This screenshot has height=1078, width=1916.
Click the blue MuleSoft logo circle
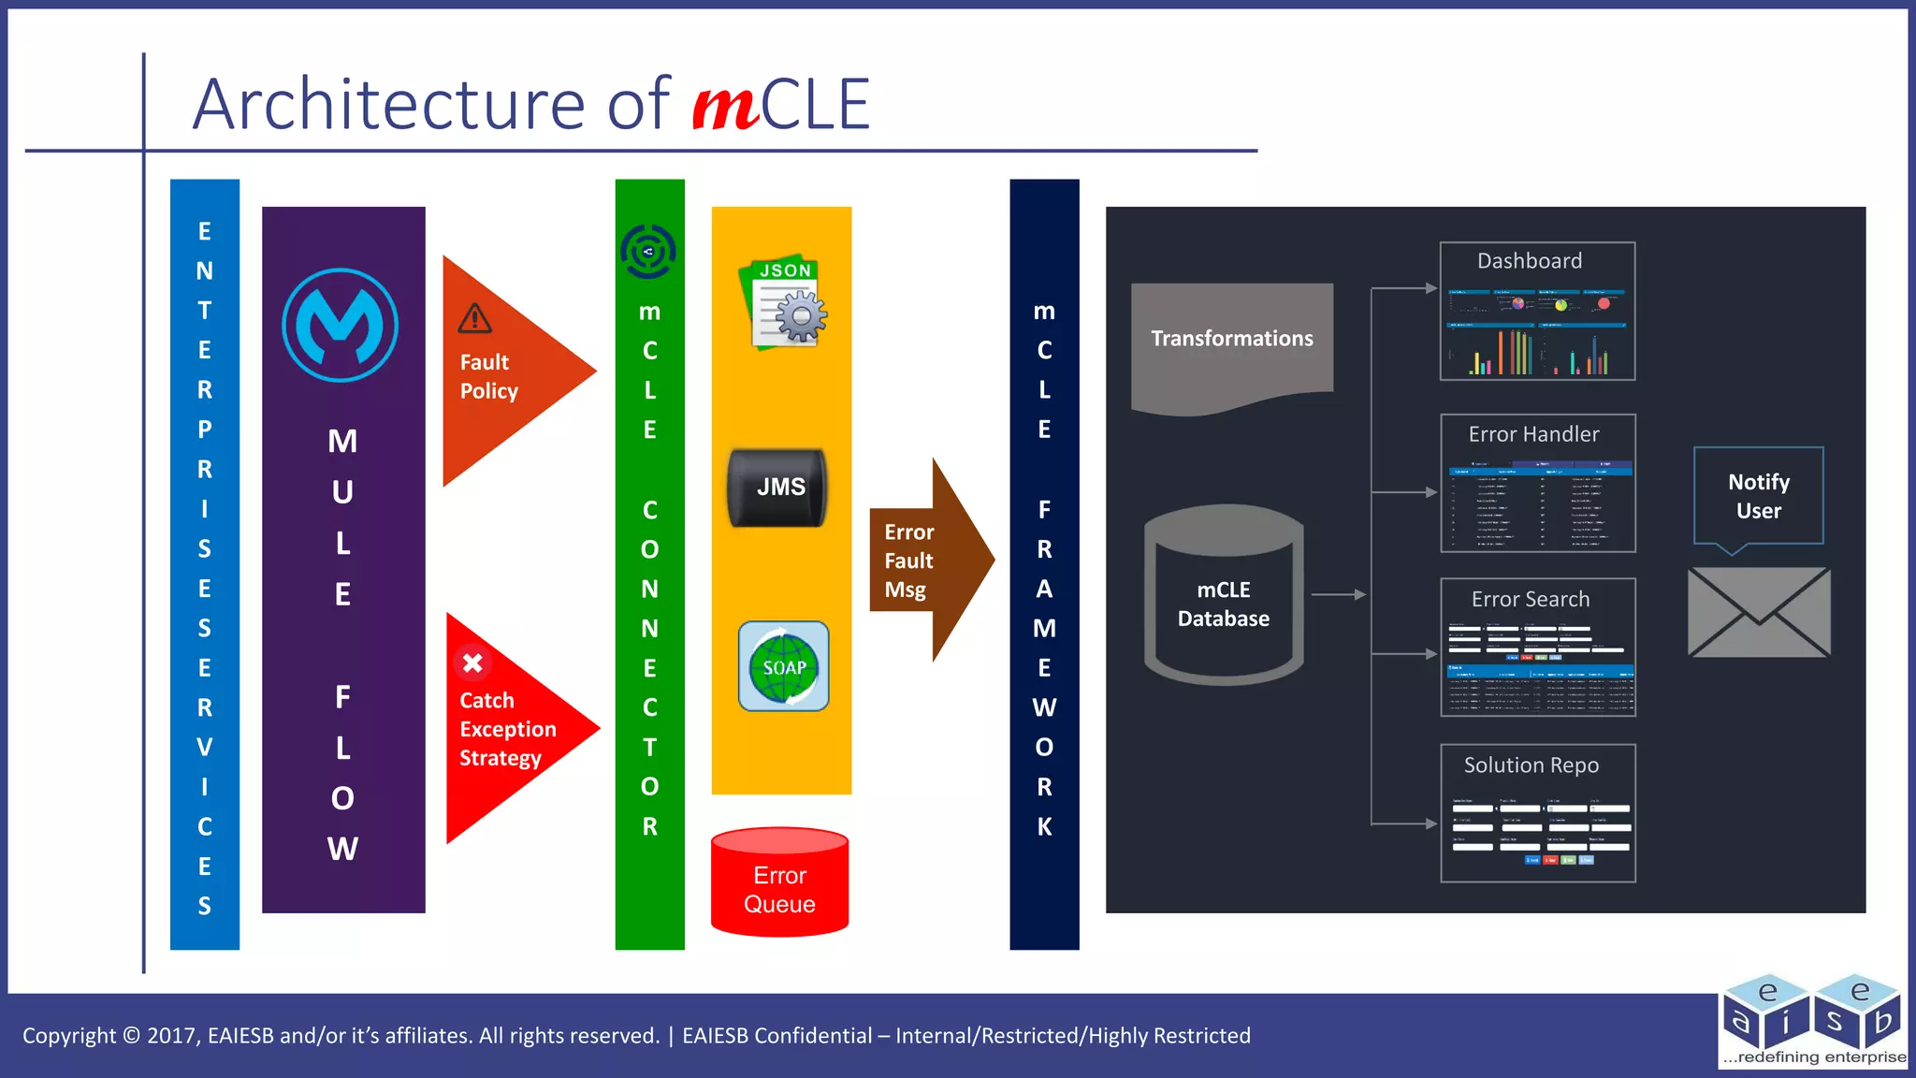coord(341,326)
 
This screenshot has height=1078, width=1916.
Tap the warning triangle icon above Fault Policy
coord(475,319)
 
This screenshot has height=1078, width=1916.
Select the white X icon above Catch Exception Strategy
coord(472,663)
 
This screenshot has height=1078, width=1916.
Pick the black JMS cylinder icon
coord(778,488)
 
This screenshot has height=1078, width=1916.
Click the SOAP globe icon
coord(784,666)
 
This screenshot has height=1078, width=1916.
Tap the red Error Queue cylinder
coord(779,881)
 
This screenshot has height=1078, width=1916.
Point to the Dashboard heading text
coord(1530,261)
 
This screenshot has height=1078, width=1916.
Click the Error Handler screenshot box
coord(1538,483)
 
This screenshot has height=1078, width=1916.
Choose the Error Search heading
coord(1531,599)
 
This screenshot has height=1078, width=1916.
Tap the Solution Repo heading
coord(1531,765)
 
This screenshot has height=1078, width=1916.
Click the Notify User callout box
coord(1758,496)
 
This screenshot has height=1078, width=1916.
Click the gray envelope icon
coord(1758,612)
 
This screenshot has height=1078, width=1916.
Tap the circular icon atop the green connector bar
coord(648,251)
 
